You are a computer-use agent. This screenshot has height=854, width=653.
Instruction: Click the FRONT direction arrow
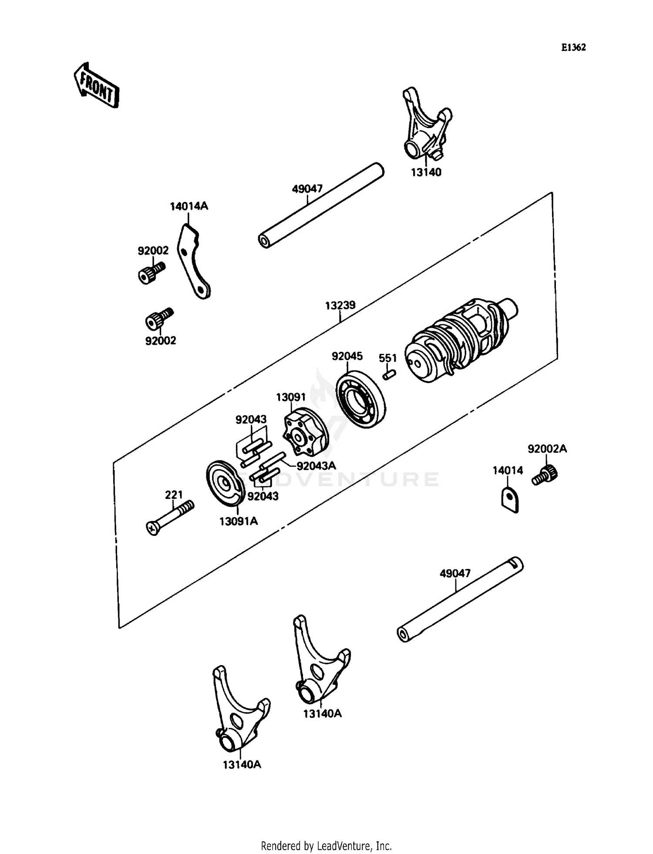pos(96,85)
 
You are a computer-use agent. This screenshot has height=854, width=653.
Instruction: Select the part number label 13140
pos(426,172)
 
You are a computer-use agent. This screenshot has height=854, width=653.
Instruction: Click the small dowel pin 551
pos(389,374)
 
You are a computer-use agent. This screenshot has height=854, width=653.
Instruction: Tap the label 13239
pos(340,305)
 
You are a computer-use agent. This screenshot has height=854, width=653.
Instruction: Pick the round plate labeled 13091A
pos(225,483)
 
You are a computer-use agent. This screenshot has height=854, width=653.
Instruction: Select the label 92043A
pos(316,465)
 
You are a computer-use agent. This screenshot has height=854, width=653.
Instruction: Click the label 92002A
pos(547,449)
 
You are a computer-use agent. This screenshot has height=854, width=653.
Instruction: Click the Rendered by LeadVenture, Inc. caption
pos(326,846)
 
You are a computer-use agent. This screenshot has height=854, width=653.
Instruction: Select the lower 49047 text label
pos(455,573)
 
